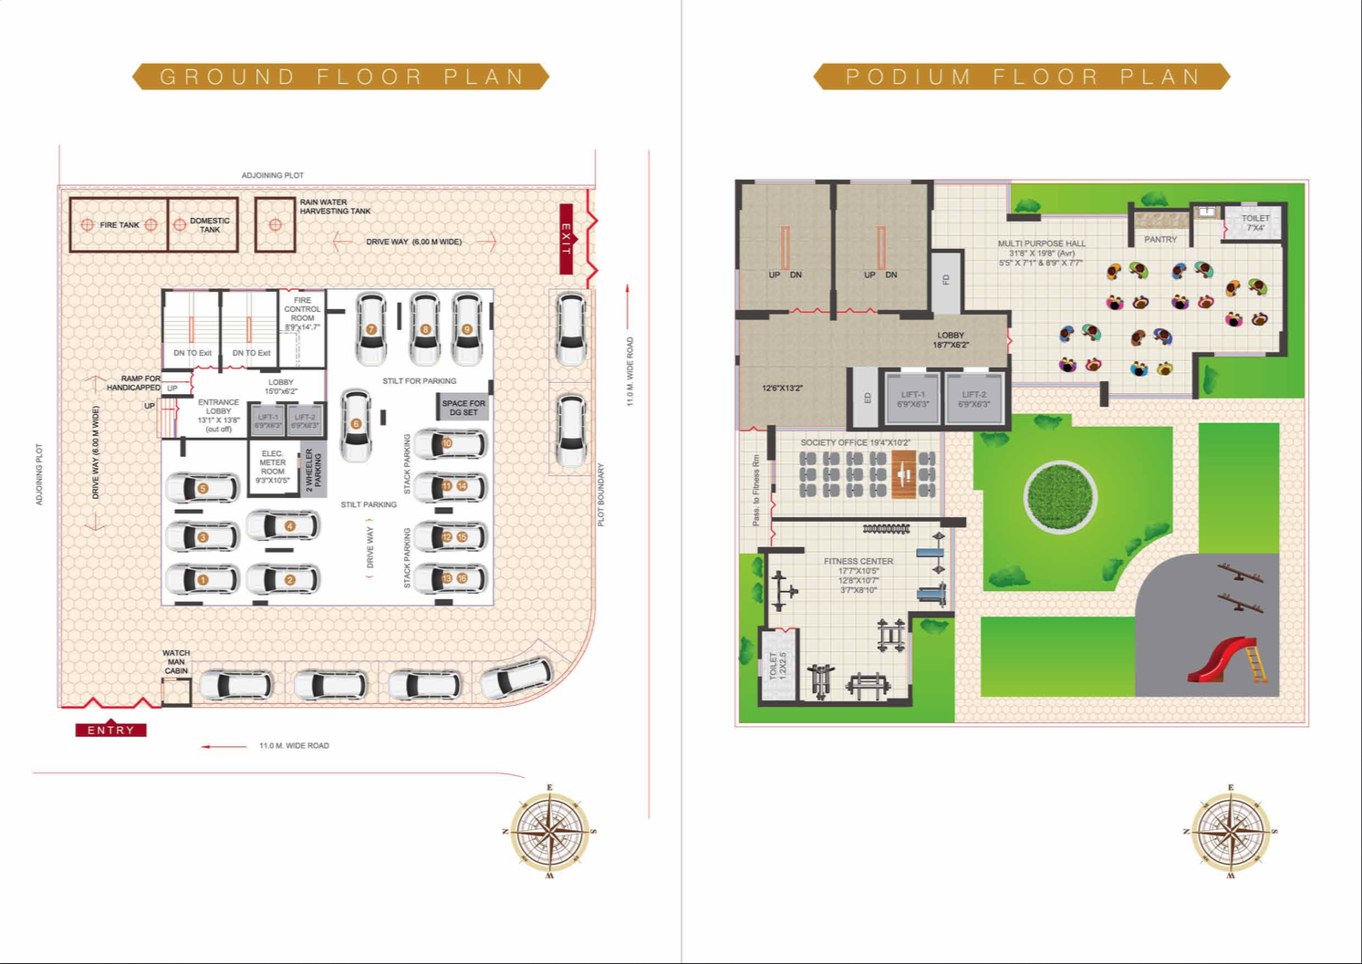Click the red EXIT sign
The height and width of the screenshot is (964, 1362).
pyautogui.click(x=567, y=239)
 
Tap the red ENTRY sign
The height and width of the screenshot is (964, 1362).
pyautogui.click(x=110, y=730)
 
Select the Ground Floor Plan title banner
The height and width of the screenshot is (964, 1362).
pyautogui.click(x=341, y=77)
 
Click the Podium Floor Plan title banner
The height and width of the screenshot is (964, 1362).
pyautogui.click(x=1022, y=77)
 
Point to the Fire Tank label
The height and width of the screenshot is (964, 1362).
pyautogui.click(x=120, y=225)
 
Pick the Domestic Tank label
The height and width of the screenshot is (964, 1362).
pyautogui.click(x=210, y=225)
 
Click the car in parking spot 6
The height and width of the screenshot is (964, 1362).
pyautogui.click(x=356, y=424)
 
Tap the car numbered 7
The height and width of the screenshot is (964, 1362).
pyautogui.click(x=371, y=328)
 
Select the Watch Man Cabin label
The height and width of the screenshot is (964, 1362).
pyautogui.click(x=176, y=662)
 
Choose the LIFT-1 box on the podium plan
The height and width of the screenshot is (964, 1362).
pyautogui.click(x=912, y=399)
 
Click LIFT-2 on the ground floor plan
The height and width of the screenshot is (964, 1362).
pyautogui.click(x=305, y=420)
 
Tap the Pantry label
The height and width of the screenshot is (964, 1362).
pyautogui.click(x=1160, y=239)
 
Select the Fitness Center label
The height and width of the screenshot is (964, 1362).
pyautogui.click(x=858, y=562)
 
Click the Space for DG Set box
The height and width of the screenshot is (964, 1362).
pyautogui.click(x=463, y=408)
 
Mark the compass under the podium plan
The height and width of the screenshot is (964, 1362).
pyautogui.click(x=1232, y=831)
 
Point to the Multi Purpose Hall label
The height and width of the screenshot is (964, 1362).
pyautogui.click(x=1041, y=244)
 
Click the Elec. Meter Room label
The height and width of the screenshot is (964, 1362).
pyautogui.click(x=273, y=466)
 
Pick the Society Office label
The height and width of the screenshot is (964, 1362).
pyautogui.click(x=855, y=442)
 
